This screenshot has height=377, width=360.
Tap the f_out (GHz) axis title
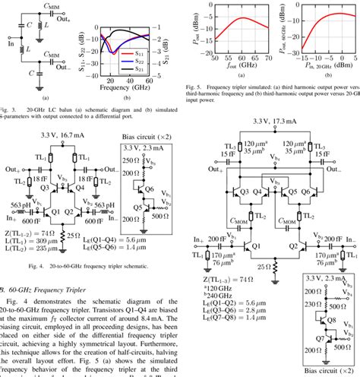tap(235, 65)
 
